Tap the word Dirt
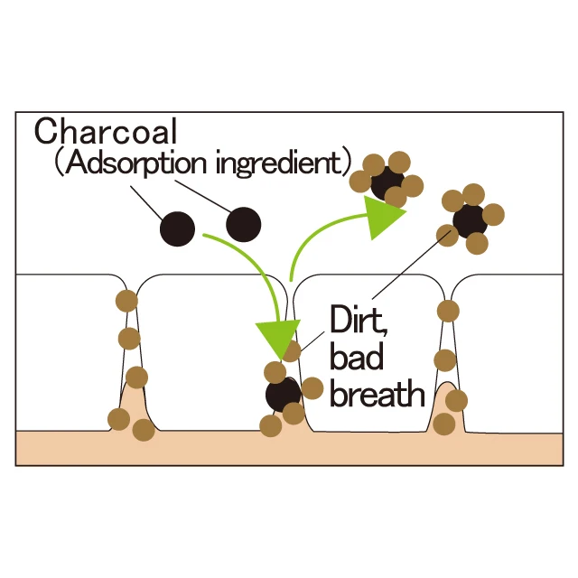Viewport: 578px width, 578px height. pos(360,322)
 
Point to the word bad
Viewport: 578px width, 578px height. pos(357,358)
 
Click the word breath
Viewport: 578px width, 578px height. pos(377,394)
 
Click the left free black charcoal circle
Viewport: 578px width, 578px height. pos(177,229)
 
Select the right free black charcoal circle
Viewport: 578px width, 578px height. pos(243,225)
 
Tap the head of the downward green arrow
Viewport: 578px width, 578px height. pos(275,339)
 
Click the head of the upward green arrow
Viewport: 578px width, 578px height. pos(386,215)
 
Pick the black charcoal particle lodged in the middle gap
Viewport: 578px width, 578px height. pos(283,395)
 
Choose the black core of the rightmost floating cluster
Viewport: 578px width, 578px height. pos(470,219)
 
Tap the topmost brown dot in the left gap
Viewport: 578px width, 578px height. pos(127,301)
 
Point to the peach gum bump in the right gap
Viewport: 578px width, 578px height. pos(448,406)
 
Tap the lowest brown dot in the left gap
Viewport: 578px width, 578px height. pos(143,429)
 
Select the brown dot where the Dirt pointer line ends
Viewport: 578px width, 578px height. pos(447,235)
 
